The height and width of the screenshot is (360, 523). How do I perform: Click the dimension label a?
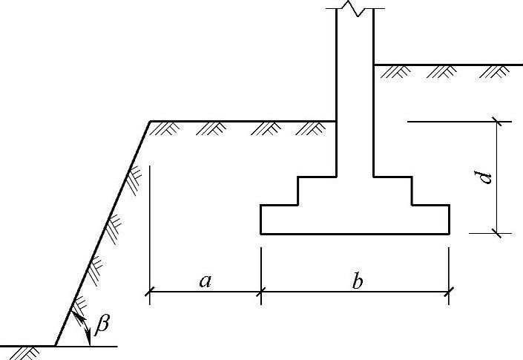pyautogui.click(x=205, y=281)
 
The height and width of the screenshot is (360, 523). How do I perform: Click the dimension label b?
pyautogui.click(x=357, y=281)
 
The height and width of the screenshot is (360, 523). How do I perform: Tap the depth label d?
pyautogui.click(x=484, y=177)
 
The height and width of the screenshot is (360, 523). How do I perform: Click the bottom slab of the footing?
pyautogui.click(x=355, y=219)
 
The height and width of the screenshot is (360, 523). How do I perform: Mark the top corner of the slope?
pyautogui.click(x=150, y=120)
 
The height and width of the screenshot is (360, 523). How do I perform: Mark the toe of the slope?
pyautogui.click(x=56, y=346)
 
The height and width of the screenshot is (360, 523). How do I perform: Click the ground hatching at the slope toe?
pyautogui.click(x=28, y=352)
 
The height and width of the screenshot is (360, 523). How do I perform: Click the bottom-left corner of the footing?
pyautogui.click(x=261, y=234)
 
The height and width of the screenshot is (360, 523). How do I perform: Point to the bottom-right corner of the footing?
pyautogui.click(x=449, y=234)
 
